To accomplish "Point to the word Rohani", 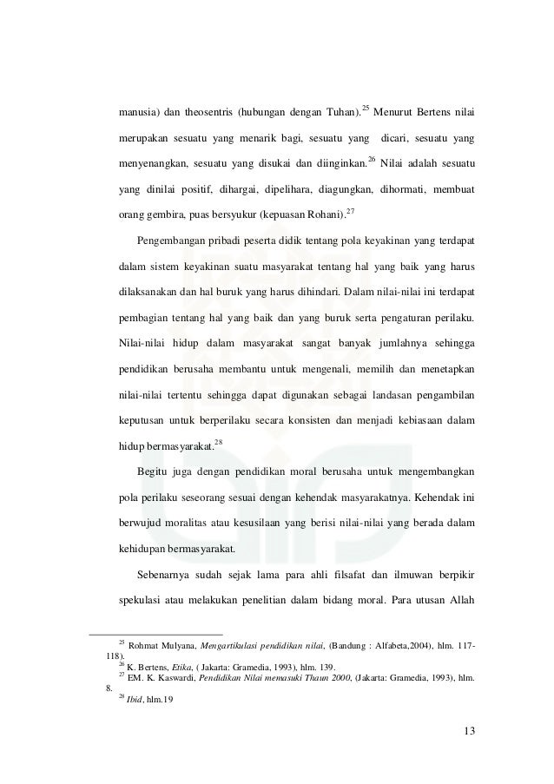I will [x=323, y=213].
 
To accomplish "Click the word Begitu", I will [x=154, y=471].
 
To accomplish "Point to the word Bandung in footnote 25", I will [x=349, y=646].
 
